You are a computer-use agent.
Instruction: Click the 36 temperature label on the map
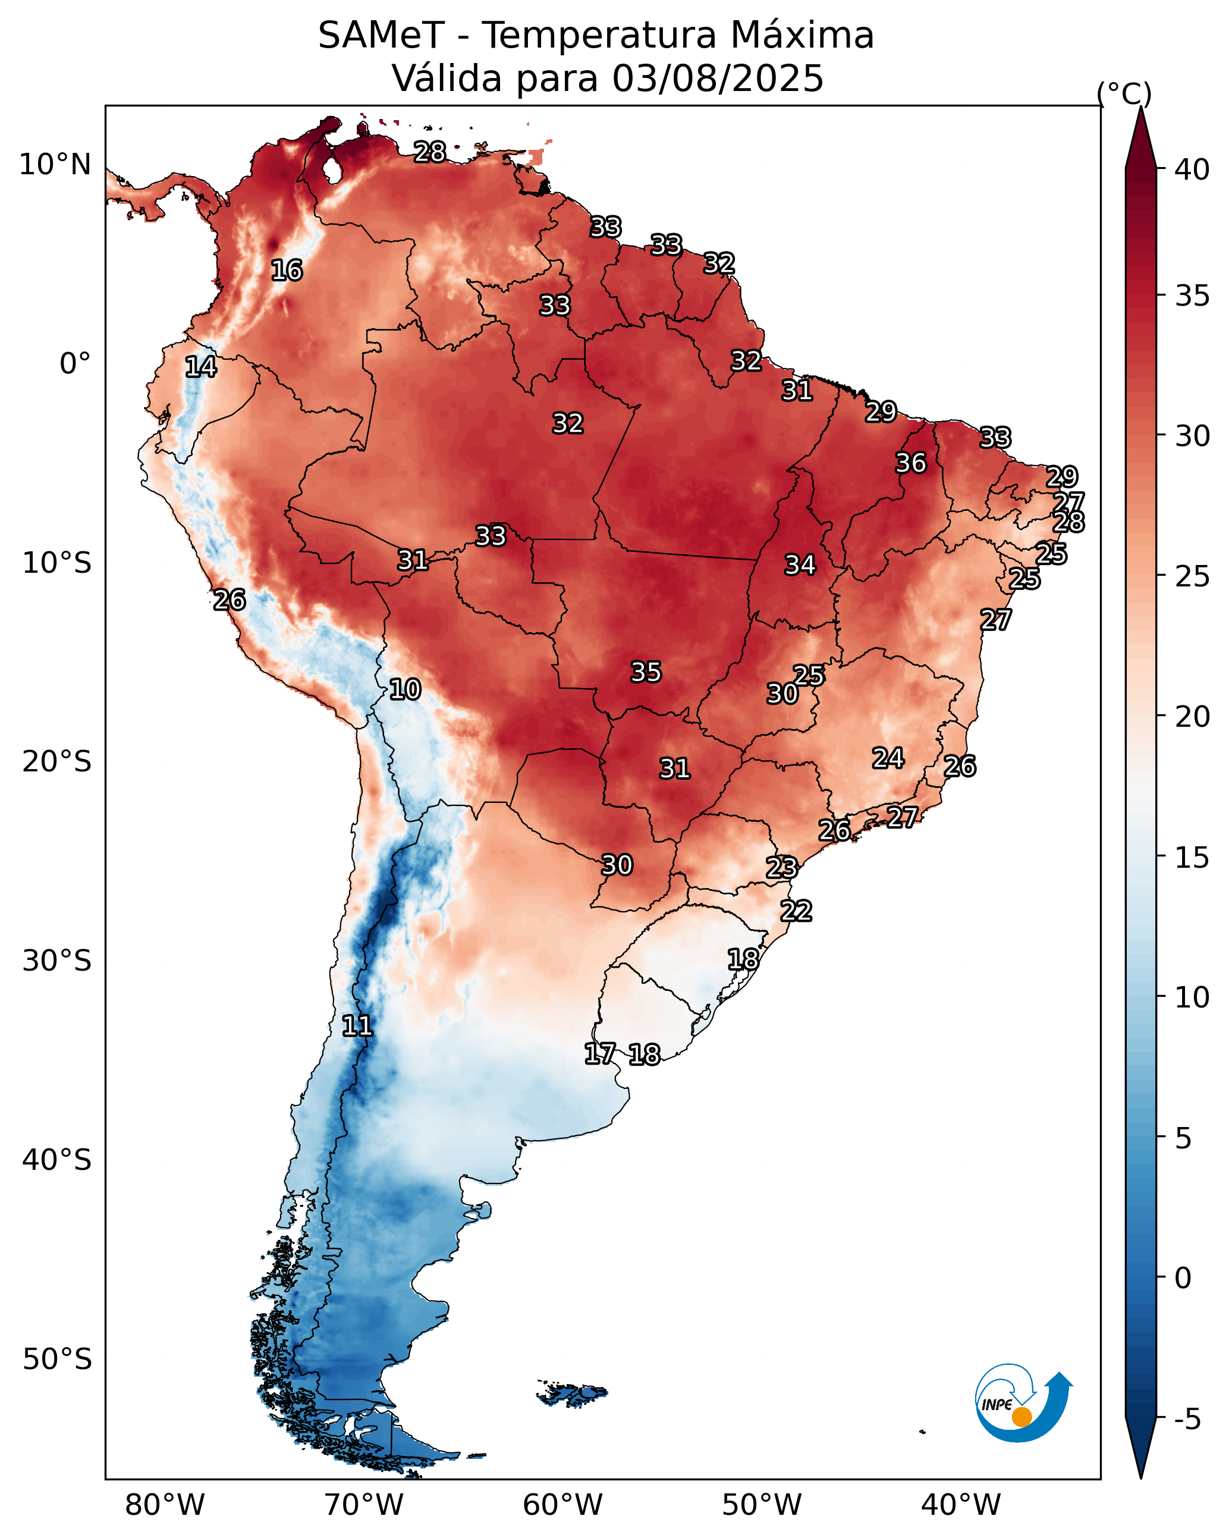pyautogui.click(x=911, y=463)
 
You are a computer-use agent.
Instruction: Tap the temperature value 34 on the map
pyautogui.click(x=800, y=565)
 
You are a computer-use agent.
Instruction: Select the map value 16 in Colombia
pyautogui.click(x=287, y=271)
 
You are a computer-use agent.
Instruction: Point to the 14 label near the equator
pyautogui.click(x=200, y=367)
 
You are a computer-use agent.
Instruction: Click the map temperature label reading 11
pyautogui.click(x=357, y=1026)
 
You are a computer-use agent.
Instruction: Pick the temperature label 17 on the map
pyautogui.click(x=599, y=1054)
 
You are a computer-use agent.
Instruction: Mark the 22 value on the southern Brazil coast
pyautogui.click(x=796, y=911)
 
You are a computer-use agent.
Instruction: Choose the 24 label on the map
pyautogui.click(x=888, y=758)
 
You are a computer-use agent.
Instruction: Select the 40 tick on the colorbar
pyautogui.click(x=1192, y=170)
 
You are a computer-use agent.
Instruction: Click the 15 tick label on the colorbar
pyautogui.click(x=1192, y=858)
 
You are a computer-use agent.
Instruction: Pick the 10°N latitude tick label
pyautogui.click(x=55, y=165)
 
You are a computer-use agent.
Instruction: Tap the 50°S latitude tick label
pyautogui.click(x=57, y=1360)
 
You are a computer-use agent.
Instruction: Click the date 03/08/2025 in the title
pyautogui.click(x=718, y=78)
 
